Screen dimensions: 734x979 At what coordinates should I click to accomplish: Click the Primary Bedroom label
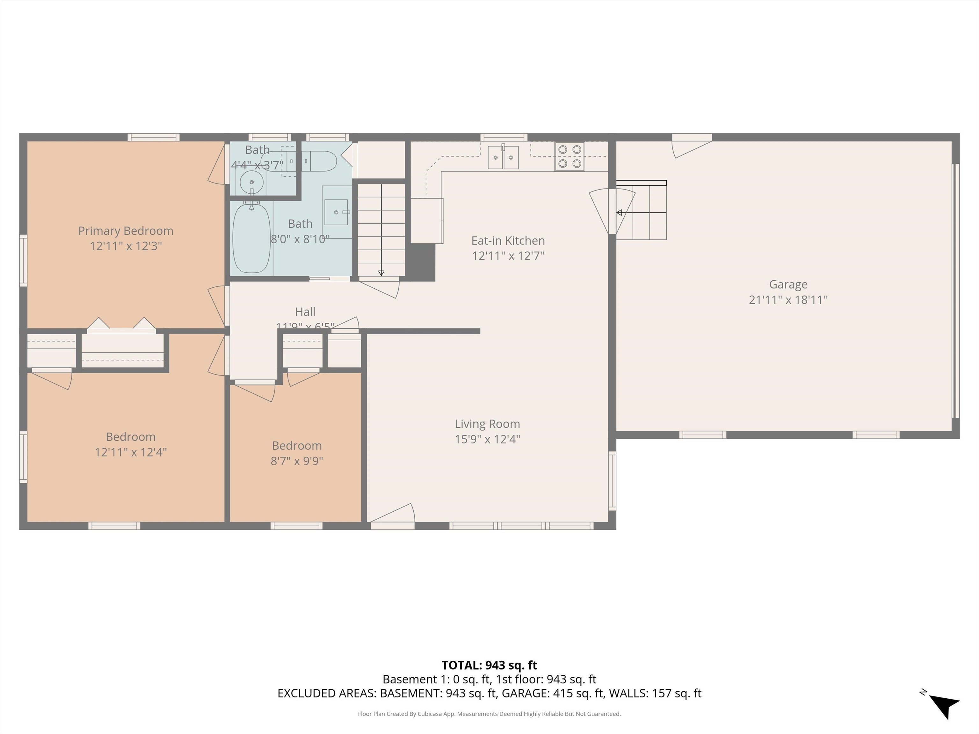(x=126, y=231)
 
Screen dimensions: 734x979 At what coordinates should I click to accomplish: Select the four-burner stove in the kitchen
(x=569, y=157)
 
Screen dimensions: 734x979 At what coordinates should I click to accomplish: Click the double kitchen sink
(x=503, y=157)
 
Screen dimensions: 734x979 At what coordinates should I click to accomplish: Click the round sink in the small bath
(x=251, y=182)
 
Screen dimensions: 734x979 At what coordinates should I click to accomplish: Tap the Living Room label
(x=487, y=424)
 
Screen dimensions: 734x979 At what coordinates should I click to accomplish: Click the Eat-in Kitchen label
(x=508, y=241)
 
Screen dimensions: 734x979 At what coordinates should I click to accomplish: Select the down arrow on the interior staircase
(x=381, y=273)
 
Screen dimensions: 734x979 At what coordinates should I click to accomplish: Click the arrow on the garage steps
(x=619, y=213)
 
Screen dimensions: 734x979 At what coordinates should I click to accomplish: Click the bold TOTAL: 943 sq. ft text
(x=489, y=665)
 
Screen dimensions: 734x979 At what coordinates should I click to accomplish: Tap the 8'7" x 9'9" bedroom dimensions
(x=296, y=461)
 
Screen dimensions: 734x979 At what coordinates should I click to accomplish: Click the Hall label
(x=305, y=312)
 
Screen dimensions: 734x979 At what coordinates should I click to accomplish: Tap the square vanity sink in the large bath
(x=336, y=212)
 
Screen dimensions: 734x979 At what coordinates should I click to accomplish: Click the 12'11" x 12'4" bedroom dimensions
(x=131, y=452)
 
